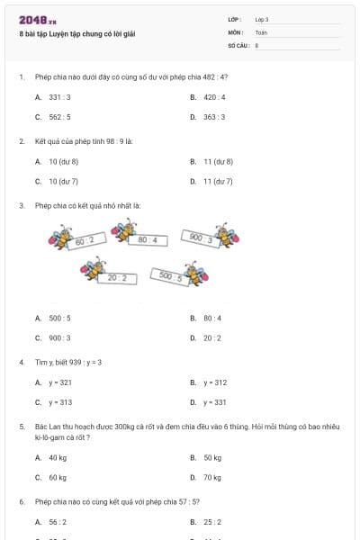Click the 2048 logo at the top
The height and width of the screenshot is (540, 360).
tap(31, 20)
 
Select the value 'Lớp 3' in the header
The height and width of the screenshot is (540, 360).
tap(262, 19)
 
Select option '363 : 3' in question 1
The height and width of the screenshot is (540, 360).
tap(213, 117)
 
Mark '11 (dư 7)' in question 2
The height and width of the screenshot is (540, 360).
tap(218, 181)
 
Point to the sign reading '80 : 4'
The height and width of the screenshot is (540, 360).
tap(148, 240)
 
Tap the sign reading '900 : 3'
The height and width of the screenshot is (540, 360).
tap(201, 238)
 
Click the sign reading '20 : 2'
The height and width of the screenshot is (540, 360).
tap(117, 278)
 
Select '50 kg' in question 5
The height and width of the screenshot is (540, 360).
tap(212, 457)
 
